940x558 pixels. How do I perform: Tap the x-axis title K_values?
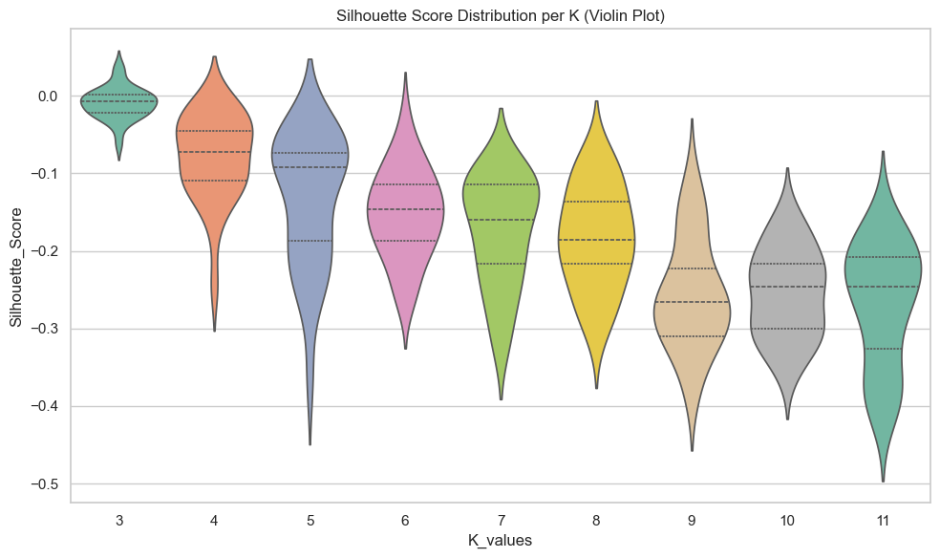(500, 540)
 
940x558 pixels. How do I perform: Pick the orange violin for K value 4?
(214, 153)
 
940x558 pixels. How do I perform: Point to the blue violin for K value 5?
(310, 162)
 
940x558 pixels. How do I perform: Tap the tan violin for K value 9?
(692, 277)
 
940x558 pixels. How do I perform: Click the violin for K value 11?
(883, 277)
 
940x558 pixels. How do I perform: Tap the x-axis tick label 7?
(501, 518)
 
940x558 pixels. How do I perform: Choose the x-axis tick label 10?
(787, 518)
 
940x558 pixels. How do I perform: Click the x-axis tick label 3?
(118, 518)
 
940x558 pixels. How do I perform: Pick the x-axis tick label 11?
(883, 518)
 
